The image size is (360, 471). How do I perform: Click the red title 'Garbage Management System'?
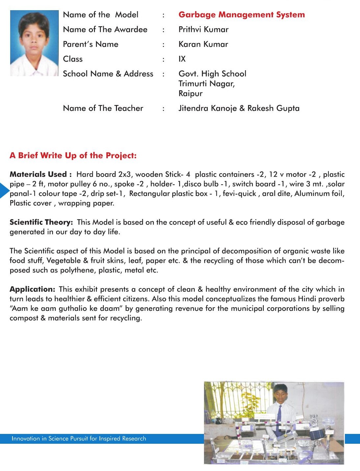241,15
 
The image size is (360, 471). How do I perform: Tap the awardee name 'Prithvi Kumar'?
203,30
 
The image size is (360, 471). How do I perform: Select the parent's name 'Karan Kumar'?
203,44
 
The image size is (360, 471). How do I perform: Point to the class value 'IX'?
182,59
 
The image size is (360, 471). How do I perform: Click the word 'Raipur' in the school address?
191,94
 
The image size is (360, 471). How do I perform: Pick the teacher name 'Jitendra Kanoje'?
207,108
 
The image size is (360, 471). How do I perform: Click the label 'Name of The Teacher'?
103,108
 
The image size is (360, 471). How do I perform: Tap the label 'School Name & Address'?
108,74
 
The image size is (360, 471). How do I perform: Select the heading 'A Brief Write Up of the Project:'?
73,156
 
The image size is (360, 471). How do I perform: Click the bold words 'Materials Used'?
38,174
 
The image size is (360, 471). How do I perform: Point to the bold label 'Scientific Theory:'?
41,222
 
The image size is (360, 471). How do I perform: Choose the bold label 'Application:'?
32,289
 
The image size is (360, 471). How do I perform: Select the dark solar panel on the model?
318,434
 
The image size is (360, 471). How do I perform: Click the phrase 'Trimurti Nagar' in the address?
206,84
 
